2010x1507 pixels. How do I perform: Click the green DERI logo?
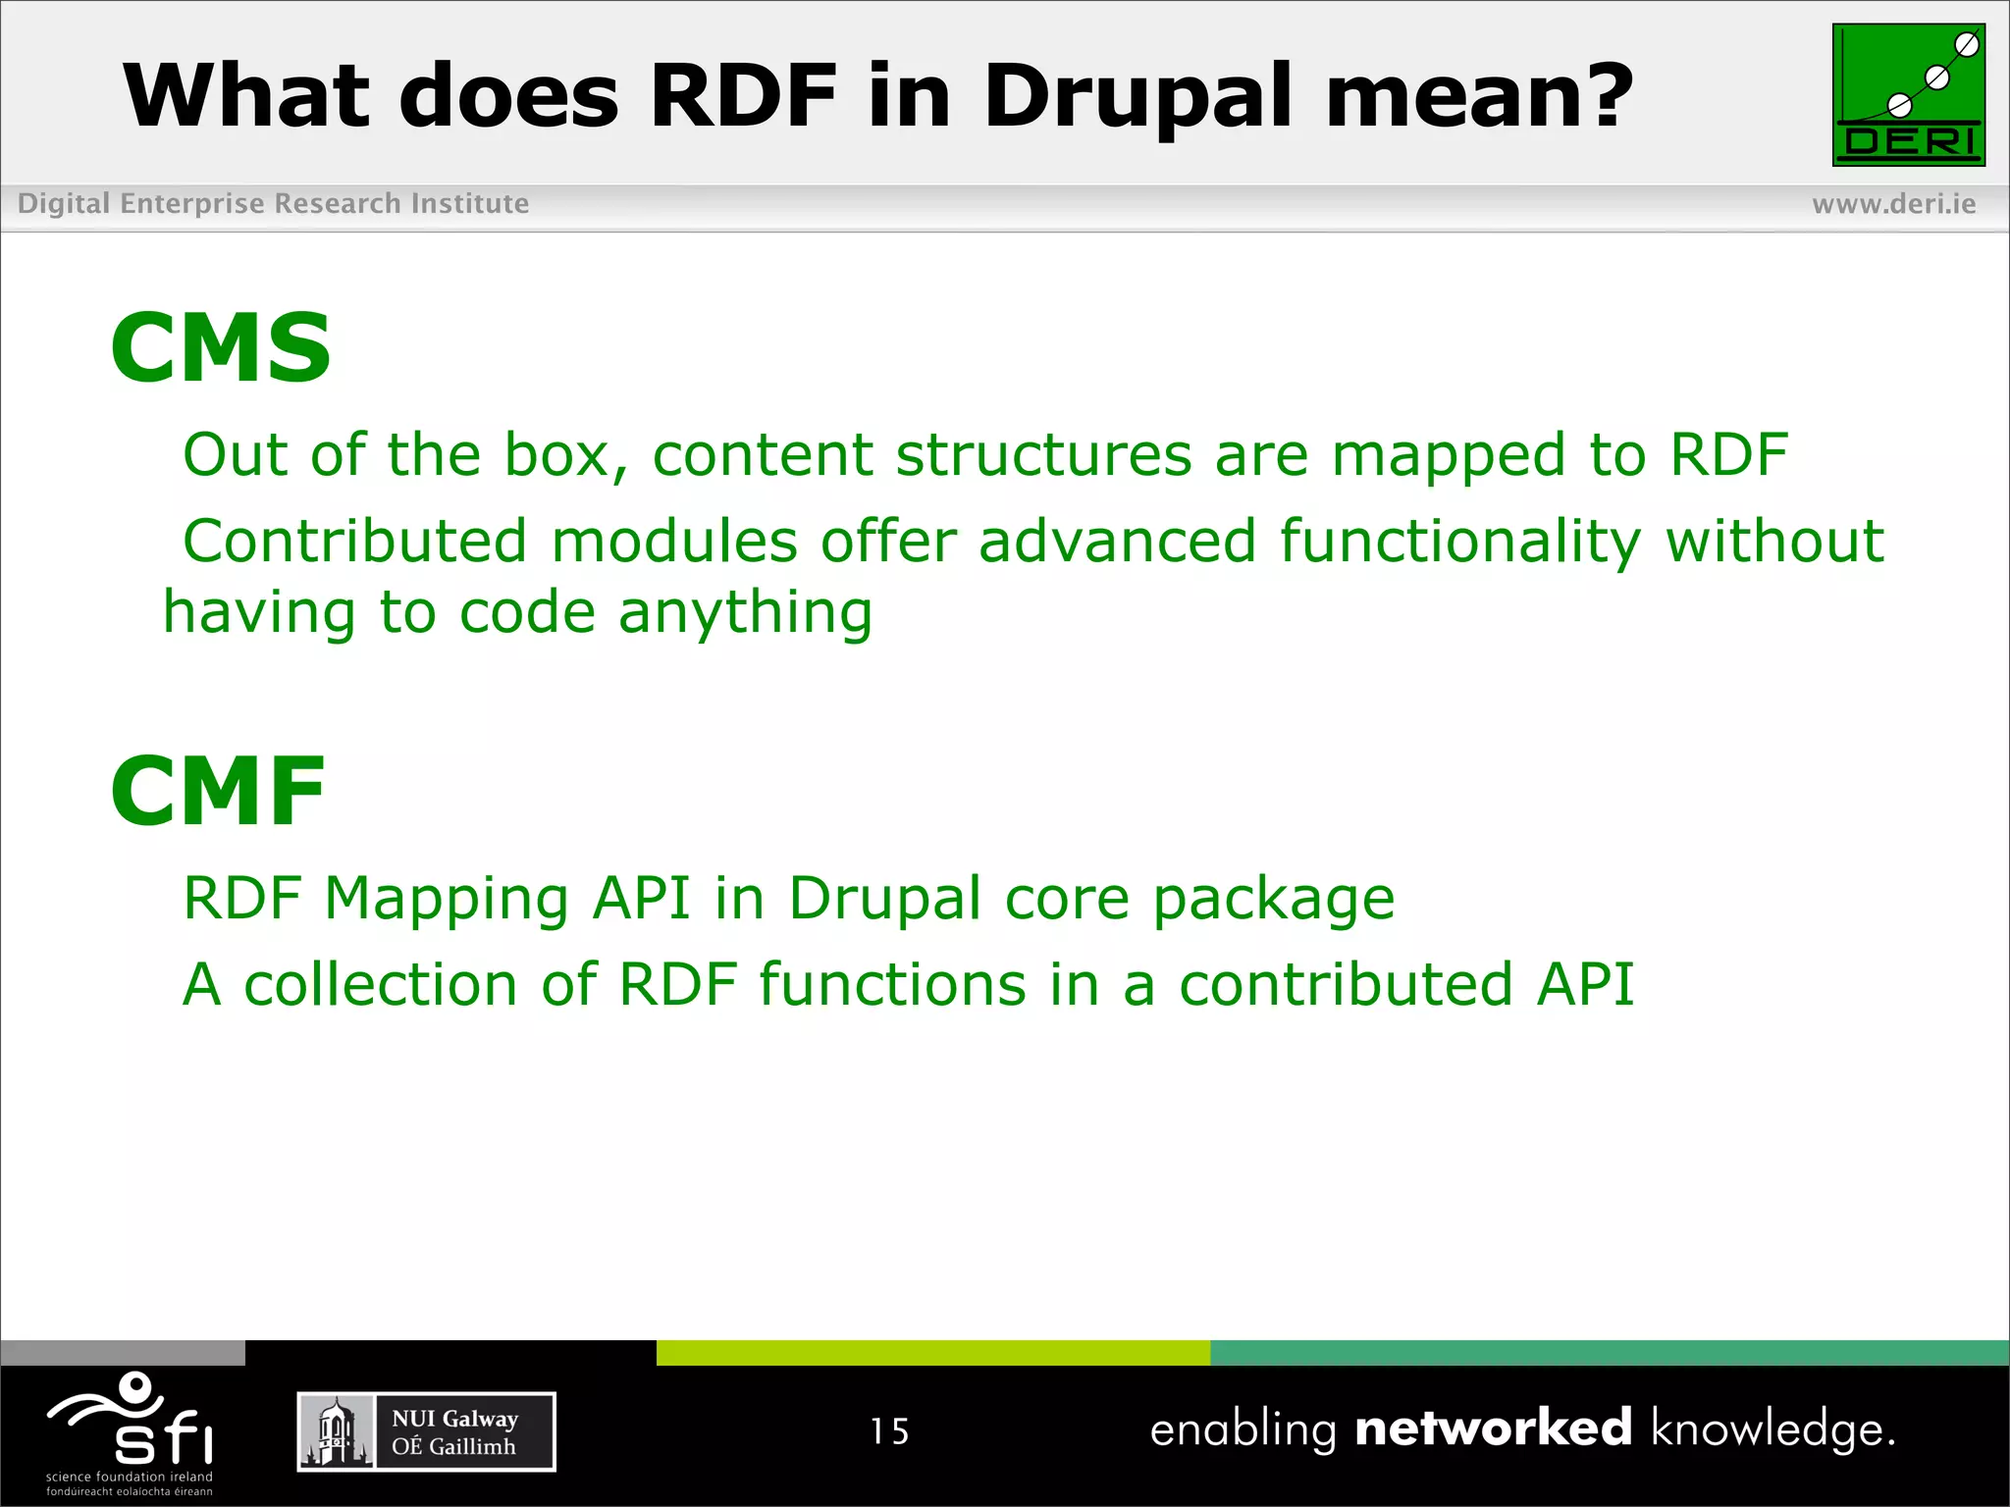point(1908,95)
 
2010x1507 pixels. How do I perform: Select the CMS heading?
point(221,347)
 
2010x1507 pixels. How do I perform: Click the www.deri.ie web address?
point(1893,204)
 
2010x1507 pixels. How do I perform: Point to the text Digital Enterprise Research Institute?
point(273,204)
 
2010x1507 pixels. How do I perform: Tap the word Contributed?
point(355,542)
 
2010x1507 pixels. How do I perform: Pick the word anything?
point(745,614)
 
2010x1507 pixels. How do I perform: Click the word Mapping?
point(447,899)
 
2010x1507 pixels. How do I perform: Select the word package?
point(1273,901)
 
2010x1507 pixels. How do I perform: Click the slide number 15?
point(889,1431)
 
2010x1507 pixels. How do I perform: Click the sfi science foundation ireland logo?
point(131,1432)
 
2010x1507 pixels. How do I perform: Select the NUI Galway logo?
point(426,1431)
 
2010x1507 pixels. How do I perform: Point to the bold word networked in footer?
point(1493,1428)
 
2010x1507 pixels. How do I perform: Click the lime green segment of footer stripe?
point(932,1353)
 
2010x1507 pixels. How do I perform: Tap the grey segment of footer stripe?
point(123,1353)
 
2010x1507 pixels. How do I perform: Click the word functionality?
point(1459,542)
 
